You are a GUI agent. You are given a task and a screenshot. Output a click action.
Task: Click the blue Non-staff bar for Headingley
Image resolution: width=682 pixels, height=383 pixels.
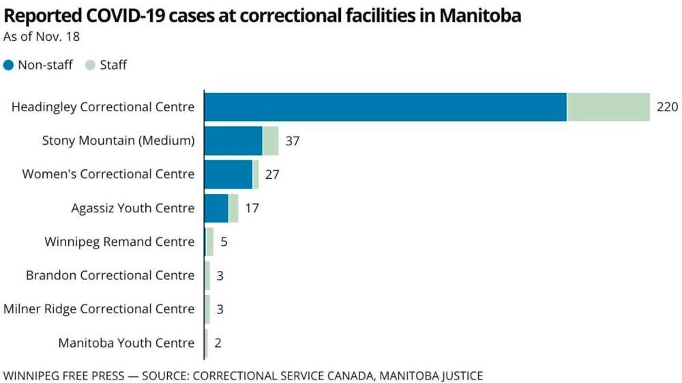[x=385, y=107]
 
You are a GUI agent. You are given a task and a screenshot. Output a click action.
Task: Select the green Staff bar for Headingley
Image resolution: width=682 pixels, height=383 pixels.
[x=608, y=107]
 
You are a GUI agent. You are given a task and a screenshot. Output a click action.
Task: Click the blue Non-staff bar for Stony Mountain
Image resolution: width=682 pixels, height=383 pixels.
[x=233, y=141]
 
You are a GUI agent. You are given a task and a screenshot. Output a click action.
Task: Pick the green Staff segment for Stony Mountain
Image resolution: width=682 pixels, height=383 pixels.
[x=271, y=141]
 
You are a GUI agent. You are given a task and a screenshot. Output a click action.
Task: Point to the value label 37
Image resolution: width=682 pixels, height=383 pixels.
[x=293, y=141]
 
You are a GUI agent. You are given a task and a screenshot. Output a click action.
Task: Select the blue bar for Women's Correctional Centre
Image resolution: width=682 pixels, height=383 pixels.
[x=228, y=174]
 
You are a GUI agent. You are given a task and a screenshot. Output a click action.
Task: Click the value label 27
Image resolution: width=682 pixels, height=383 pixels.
[x=272, y=174]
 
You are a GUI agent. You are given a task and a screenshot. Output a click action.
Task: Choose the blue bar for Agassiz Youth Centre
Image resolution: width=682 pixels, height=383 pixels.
[x=216, y=208]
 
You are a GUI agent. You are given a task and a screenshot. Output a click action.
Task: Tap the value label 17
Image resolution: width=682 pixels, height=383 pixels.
[x=252, y=208]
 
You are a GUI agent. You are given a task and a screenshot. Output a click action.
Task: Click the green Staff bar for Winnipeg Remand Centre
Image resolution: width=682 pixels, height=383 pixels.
[x=210, y=242]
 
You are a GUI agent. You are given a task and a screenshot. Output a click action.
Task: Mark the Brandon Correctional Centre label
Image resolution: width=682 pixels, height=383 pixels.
[x=110, y=275]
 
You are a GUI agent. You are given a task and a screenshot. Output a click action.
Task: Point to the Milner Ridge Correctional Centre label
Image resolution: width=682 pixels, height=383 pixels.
[x=99, y=309]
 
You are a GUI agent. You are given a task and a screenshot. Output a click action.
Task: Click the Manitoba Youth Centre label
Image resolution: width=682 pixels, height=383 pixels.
[x=126, y=343]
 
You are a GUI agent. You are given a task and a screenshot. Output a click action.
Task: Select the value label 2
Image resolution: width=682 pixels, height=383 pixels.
[x=218, y=343]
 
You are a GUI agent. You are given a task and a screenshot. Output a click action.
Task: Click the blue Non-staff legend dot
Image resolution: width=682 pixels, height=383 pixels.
[x=9, y=66]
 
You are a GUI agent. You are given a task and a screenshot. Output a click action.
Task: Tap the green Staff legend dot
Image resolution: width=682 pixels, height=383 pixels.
[x=91, y=66]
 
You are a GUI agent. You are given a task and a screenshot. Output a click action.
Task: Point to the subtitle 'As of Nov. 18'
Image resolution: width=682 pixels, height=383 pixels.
[x=42, y=37]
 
